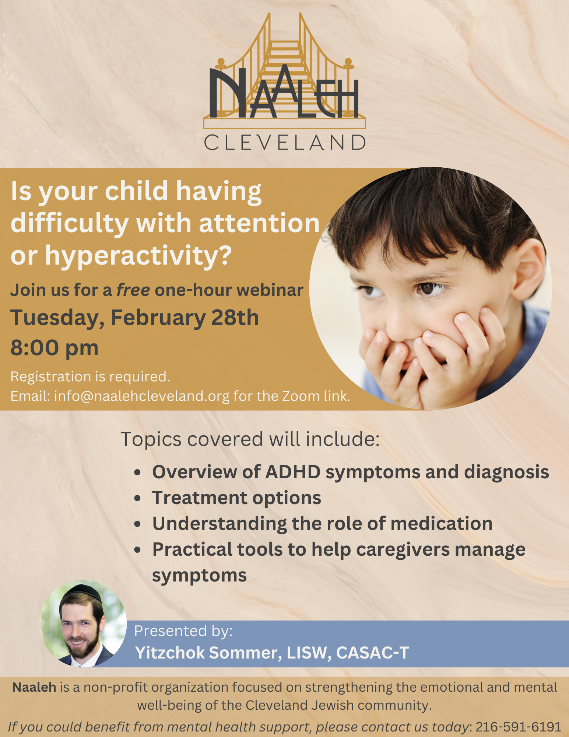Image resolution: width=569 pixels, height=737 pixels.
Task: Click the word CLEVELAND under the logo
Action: pos(285,142)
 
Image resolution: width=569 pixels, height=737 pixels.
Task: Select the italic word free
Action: pos(133,290)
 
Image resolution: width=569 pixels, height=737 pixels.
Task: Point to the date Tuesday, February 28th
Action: pos(134,318)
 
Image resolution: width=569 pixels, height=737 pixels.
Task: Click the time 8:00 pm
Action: pos(55,348)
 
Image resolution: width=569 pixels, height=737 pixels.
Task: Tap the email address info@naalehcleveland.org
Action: pos(142,396)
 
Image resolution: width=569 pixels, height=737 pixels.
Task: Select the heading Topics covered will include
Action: pos(250,439)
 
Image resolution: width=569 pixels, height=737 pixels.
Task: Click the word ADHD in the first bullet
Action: pos(293,472)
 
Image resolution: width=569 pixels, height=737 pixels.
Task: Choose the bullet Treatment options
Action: pos(237,498)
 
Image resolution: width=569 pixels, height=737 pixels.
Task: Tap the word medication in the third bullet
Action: pos(442,524)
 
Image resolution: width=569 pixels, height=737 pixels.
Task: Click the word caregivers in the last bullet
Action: pos(403,550)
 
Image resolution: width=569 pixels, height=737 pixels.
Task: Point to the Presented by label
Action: pos(183,631)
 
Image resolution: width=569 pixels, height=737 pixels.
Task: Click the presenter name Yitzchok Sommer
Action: pos(206,653)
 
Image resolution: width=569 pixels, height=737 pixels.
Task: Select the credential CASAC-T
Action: pos(372,653)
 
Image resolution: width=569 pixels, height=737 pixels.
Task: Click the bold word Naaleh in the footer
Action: pos(34,687)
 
